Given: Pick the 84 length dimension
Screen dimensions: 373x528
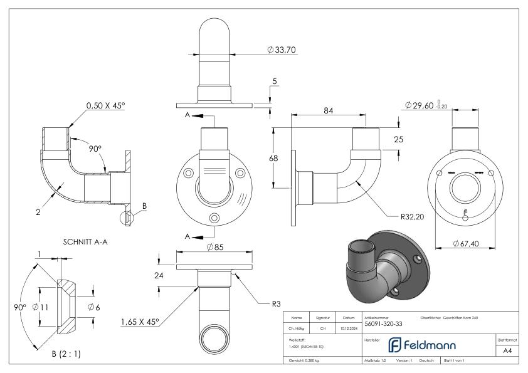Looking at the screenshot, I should (327, 111).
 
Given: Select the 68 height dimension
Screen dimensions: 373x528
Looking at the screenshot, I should (273, 158).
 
